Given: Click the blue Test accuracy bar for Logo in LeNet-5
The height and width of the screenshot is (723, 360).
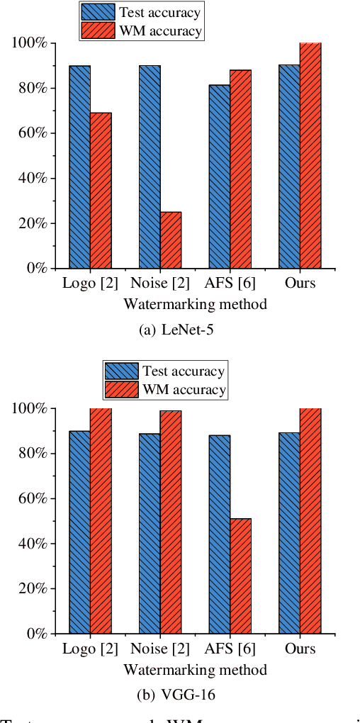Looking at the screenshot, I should click(79, 167).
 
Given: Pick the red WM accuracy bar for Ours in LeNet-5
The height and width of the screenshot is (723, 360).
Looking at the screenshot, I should click(310, 155).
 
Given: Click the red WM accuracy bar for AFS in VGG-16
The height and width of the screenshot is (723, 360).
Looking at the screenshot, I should click(240, 576).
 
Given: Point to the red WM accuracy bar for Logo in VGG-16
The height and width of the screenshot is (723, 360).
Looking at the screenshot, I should click(101, 520).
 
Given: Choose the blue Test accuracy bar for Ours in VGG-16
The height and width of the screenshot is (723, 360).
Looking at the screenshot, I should click(289, 532).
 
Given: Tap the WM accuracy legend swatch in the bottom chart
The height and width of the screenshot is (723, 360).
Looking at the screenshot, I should click(122, 389).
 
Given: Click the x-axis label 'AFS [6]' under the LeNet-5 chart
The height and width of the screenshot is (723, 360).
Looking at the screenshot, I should click(230, 284).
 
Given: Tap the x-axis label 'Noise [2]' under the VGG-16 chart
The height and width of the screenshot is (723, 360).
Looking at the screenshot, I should click(160, 649).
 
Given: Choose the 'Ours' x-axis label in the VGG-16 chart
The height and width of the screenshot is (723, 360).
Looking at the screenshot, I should click(299, 649).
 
